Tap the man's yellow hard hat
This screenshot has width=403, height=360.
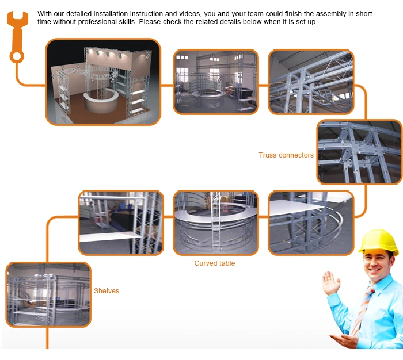(x=378, y=241)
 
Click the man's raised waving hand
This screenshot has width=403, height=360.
(x=330, y=282)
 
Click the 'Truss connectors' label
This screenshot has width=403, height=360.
(x=286, y=155)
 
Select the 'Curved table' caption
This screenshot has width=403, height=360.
(x=215, y=263)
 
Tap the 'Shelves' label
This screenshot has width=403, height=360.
(x=107, y=290)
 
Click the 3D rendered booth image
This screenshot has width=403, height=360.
(x=103, y=82)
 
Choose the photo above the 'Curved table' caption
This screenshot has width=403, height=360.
(x=216, y=223)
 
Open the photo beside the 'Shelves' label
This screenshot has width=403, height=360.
(x=48, y=295)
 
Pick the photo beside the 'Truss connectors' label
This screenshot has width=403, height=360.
(x=359, y=152)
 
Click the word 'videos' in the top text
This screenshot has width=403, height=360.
(x=189, y=14)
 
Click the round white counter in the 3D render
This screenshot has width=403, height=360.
(x=101, y=101)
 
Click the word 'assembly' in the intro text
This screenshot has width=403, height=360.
(x=331, y=14)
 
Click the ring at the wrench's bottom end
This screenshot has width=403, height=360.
(x=17, y=56)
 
